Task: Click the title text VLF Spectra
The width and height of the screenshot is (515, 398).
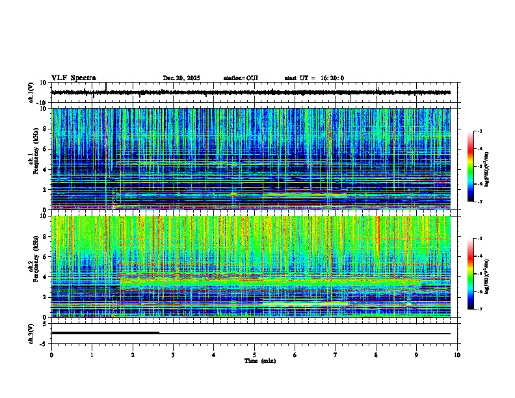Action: [73, 77]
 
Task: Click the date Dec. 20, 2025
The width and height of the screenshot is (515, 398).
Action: [181, 78]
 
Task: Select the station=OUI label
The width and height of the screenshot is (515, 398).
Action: [241, 78]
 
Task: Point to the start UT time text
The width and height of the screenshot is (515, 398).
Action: [314, 78]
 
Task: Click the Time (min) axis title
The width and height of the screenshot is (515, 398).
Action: [259, 360]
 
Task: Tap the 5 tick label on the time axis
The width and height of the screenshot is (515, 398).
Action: [254, 354]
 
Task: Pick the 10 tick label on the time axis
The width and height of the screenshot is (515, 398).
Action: [457, 354]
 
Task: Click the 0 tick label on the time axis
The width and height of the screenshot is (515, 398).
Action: [51, 354]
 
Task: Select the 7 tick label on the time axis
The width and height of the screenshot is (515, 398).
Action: [336, 354]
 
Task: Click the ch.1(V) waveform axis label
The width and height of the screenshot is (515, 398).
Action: [31, 92]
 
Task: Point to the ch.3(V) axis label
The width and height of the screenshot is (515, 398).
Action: [31, 333]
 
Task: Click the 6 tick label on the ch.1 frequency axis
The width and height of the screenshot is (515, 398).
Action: [46, 149]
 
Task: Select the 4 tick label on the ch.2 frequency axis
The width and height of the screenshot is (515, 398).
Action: [46, 276]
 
